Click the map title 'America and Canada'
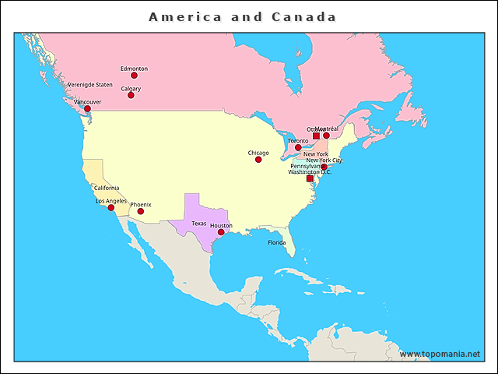(242, 16)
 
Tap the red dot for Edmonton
(134, 76)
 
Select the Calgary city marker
(131, 95)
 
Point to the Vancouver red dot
(87, 109)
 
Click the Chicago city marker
(258, 160)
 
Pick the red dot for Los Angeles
(111, 207)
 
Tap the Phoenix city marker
(141, 211)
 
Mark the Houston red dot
(221, 232)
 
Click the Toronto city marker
(298, 146)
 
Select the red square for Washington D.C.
(310, 178)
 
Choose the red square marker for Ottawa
(316, 136)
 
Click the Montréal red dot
(327, 136)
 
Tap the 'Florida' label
(277, 242)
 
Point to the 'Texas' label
(199, 224)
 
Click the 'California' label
(107, 188)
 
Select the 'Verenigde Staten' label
(90, 84)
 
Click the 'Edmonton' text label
(134, 69)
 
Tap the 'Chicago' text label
(258, 153)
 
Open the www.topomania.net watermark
(440, 354)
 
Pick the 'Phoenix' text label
(141, 204)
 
